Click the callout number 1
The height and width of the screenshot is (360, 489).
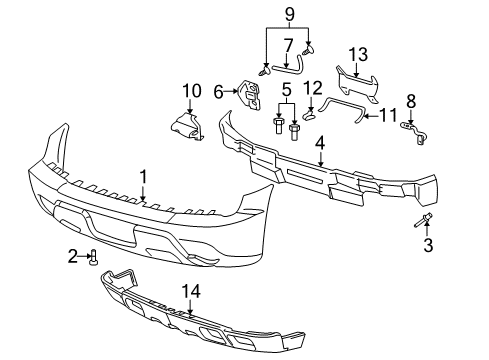pyautogui.click(x=143, y=176)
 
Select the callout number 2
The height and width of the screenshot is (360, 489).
pyautogui.click(x=73, y=256)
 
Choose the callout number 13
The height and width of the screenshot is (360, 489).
pyautogui.click(x=356, y=53)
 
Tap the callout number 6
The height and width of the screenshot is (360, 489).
pyautogui.click(x=218, y=90)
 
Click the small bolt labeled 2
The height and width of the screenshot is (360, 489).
pyautogui.click(x=94, y=257)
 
